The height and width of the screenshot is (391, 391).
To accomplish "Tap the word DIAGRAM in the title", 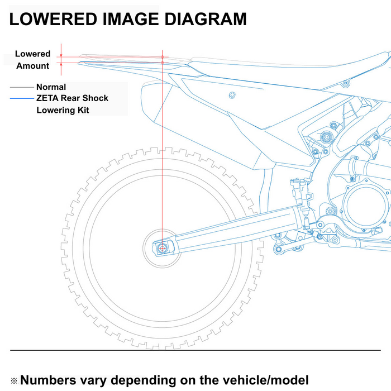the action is coord(206,19).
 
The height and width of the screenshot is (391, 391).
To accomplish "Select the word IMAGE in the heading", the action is coord(131,19).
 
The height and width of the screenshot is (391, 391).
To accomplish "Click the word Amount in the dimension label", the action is coord(32,66).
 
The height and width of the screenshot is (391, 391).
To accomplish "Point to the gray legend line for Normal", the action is coord(22,87).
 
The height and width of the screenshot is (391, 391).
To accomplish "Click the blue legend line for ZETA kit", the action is coord(22,98).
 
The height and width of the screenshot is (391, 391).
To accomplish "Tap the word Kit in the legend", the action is coord(83,110).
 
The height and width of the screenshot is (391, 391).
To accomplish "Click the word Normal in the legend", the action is coord(51,87).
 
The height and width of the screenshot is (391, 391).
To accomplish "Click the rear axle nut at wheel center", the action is coord(163,249).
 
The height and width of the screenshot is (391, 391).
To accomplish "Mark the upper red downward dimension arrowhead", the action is coord(61,55).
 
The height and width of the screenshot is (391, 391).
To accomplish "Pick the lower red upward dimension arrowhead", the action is coord(61,64).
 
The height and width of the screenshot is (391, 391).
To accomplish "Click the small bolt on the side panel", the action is coord(232,95).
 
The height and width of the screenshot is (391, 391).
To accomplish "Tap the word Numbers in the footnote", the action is coord(48,380).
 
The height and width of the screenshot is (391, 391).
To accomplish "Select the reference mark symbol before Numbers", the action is coord(14,381).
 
